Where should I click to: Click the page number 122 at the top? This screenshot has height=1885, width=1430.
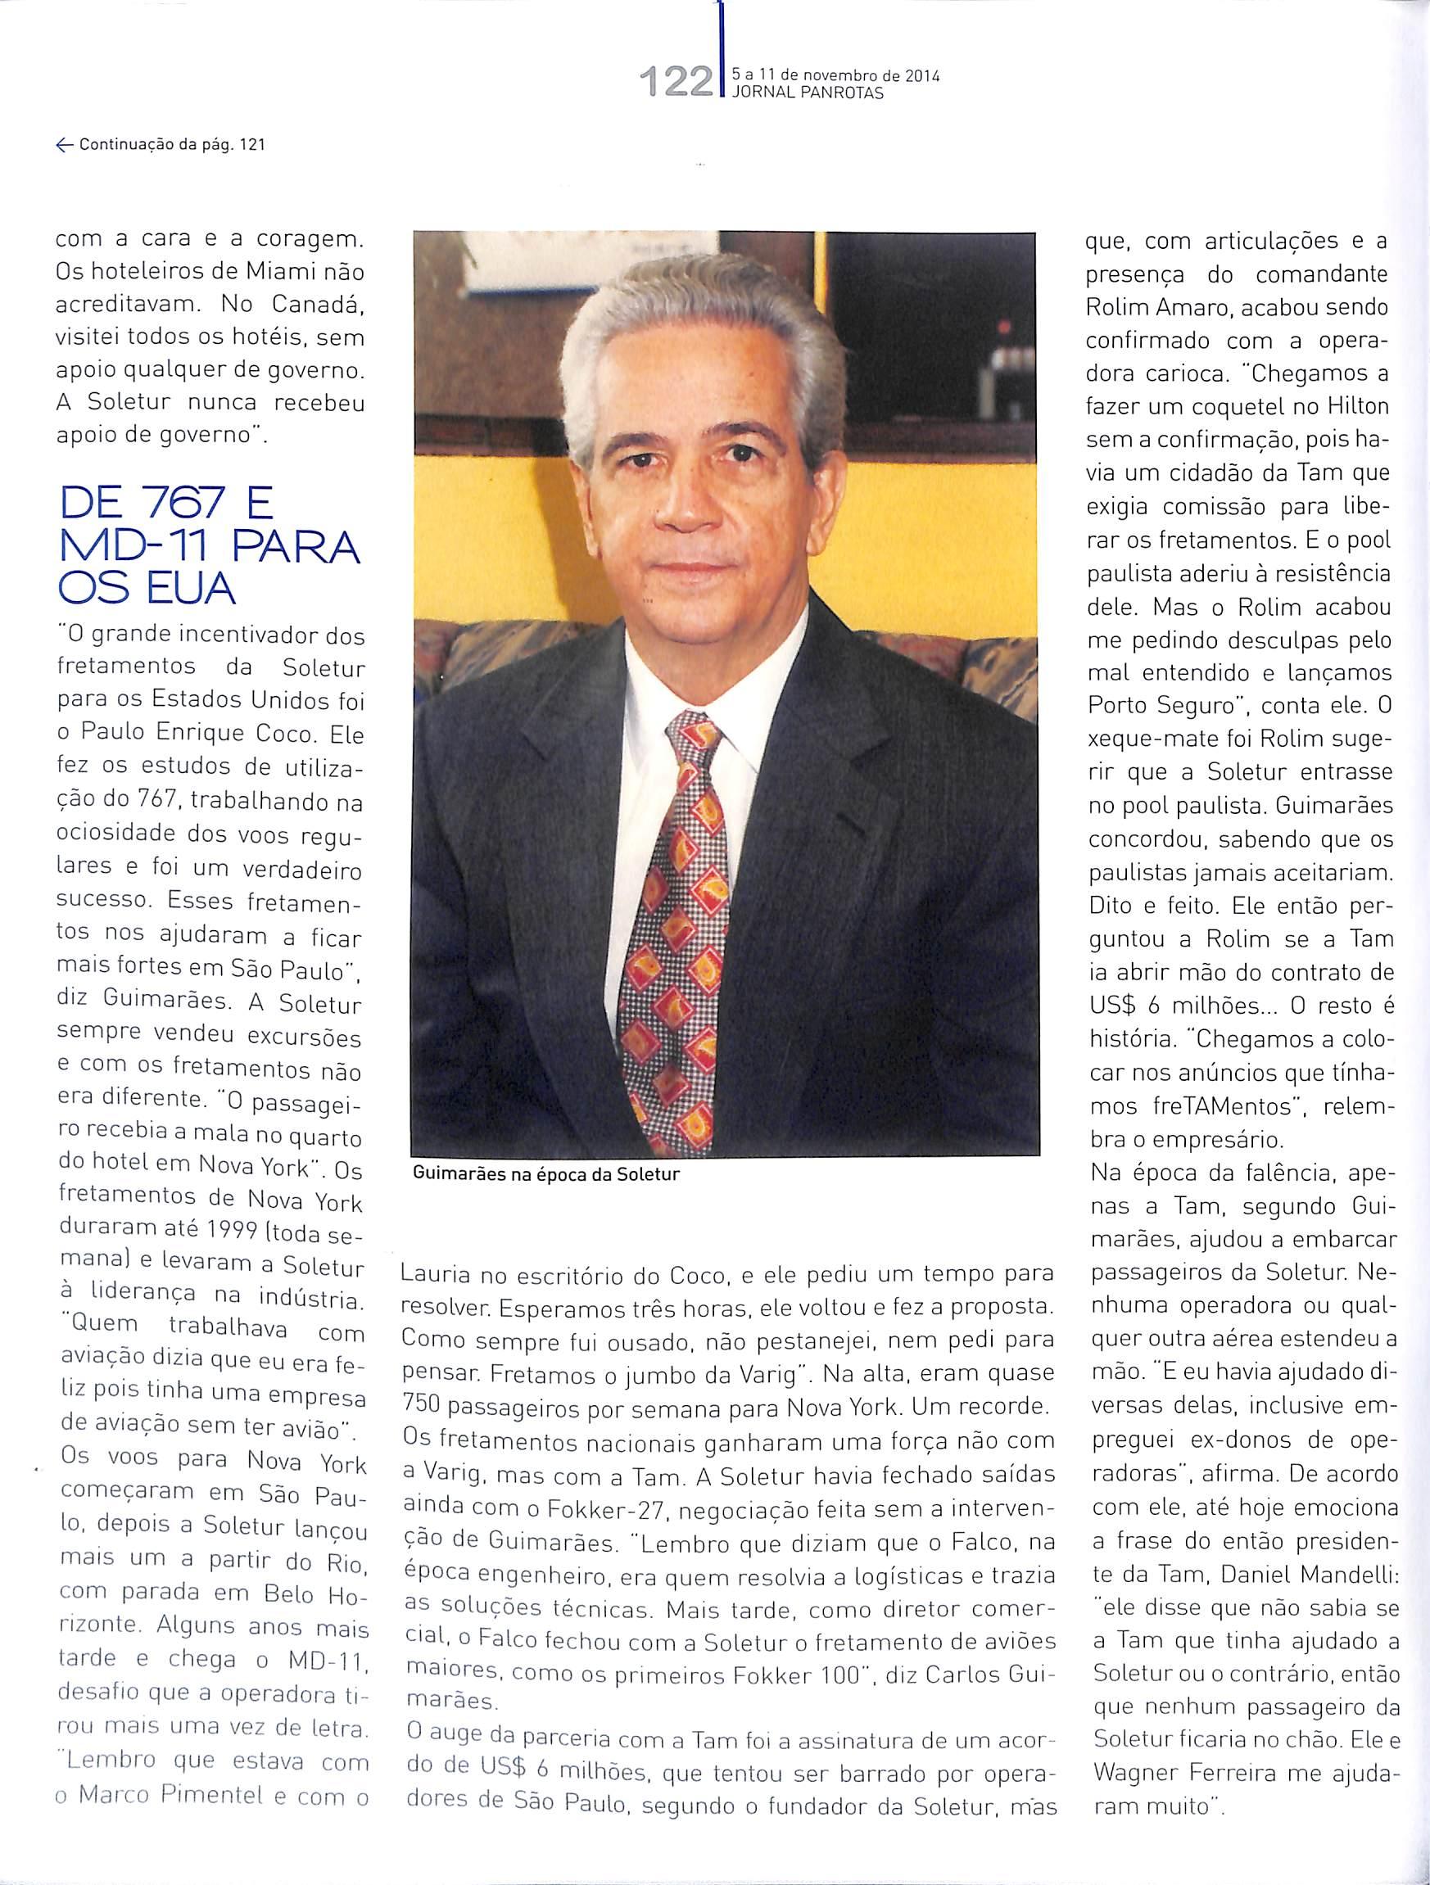pos(679,83)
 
